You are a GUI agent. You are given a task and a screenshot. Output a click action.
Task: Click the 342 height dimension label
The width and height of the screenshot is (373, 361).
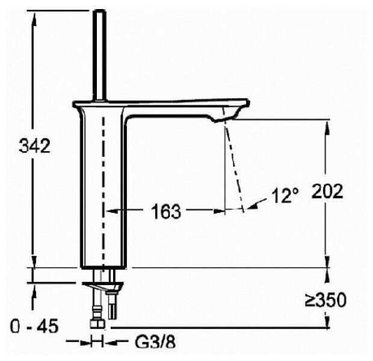pos(35,146)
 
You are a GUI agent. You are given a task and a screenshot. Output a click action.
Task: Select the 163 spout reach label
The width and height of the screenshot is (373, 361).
pos(166,212)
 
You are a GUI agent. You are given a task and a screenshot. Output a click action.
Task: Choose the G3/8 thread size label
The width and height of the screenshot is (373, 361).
pos(155,342)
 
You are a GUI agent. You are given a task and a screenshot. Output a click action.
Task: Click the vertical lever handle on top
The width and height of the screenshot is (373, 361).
pos(99,55)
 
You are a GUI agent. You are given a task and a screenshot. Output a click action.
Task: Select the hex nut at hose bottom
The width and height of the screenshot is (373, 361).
pos(98,324)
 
